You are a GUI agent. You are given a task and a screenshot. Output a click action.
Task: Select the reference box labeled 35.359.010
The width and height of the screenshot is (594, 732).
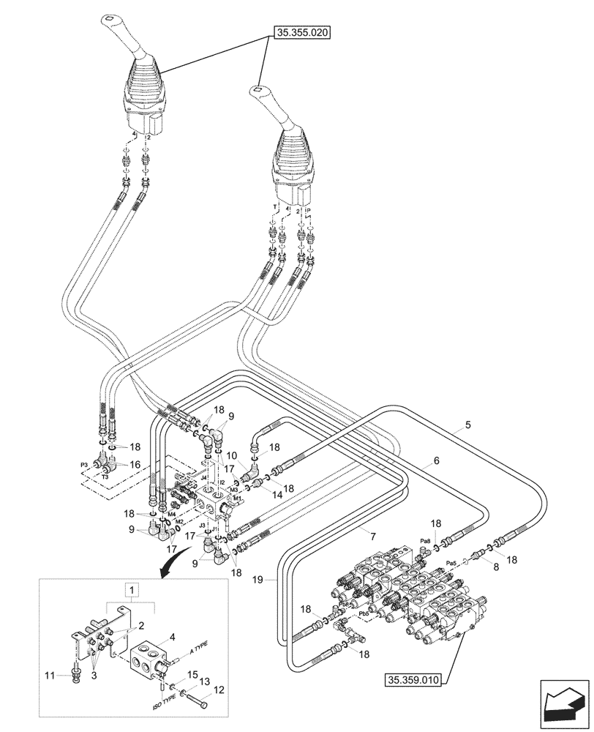point(412,680)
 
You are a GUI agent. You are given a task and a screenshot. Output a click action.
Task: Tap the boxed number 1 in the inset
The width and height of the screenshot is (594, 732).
point(130,589)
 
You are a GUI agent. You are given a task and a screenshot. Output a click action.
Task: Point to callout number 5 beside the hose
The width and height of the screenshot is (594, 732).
point(467,425)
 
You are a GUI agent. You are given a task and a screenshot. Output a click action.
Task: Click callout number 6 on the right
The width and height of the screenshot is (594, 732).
point(436,461)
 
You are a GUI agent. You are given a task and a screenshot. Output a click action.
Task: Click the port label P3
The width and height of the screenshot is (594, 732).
point(83,465)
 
